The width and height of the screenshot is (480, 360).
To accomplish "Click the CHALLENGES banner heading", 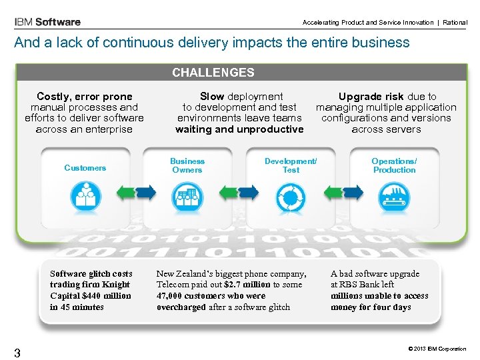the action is [x=213, y=73].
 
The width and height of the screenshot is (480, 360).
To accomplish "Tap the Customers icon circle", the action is [x=85, y=194].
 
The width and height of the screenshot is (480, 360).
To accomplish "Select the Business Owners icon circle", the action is [x=187, y=195].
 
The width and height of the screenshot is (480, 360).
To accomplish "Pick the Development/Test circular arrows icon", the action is [x=291, y=195].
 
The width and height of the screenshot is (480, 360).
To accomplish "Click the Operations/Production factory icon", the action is [x=394, y=195].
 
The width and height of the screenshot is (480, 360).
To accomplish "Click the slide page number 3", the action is [x=17, y=353].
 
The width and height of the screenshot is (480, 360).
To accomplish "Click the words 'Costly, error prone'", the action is [x=85, y=97].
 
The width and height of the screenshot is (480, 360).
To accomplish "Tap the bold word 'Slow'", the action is [x=212, y=97].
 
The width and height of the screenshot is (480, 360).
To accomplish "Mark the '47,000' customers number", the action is [x=170, y=296].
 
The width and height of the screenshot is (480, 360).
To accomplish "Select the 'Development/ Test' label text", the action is [x=291, y=165].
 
